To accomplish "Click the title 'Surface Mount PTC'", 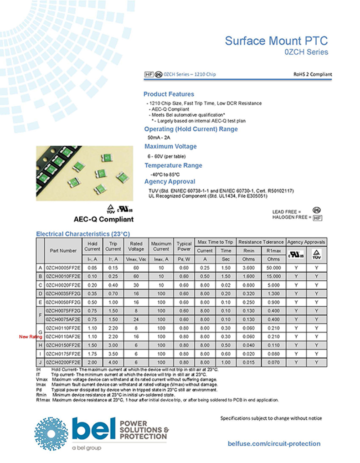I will click(x=276, y=41).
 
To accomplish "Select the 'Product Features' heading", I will click(x=169, y=94).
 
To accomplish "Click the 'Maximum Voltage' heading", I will click(x=170, y=147).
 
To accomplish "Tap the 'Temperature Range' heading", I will click(x=173, y=165).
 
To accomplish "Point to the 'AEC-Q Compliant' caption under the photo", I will click(x=104, y=219).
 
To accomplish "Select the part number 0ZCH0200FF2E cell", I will click(x=63, y=361).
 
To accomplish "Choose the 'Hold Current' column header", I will click(x=92, y=246).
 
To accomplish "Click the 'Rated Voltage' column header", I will click(x=136, y=246).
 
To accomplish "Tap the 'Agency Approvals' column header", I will click(x=306, y=242).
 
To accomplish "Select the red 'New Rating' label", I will click(x=30, y=337).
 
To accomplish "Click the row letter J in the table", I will click(x=41, y=361).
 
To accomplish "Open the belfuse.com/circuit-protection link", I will click(x=273, y=443).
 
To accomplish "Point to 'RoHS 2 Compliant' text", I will click(x=312, y=74).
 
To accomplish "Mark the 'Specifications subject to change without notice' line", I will click(x=271, y=418).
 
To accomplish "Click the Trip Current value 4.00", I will click(x=113, y=361).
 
